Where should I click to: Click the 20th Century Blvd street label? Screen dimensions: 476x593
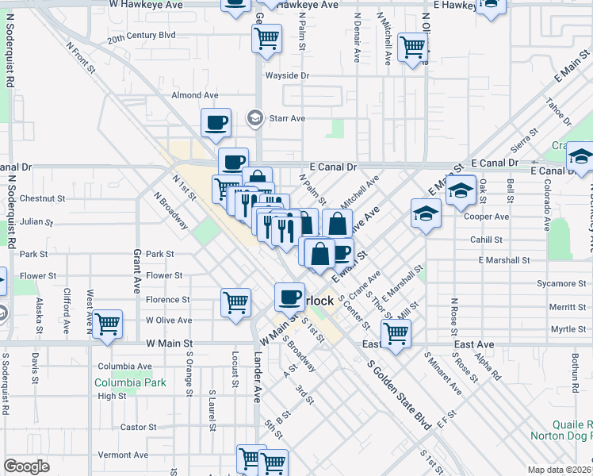142,36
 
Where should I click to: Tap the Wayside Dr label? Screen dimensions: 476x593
286,75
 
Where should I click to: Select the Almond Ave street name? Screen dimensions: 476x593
195,95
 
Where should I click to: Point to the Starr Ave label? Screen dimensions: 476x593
287,118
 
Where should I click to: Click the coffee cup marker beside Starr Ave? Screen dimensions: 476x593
216,123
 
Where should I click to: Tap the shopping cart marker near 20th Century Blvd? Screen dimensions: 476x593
268,36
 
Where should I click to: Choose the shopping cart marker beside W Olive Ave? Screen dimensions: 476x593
107,323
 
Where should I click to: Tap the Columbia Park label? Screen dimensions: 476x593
131,382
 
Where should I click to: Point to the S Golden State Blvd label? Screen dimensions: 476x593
400,395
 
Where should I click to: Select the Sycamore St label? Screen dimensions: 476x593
555,283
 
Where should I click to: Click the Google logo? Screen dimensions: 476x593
26,466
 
